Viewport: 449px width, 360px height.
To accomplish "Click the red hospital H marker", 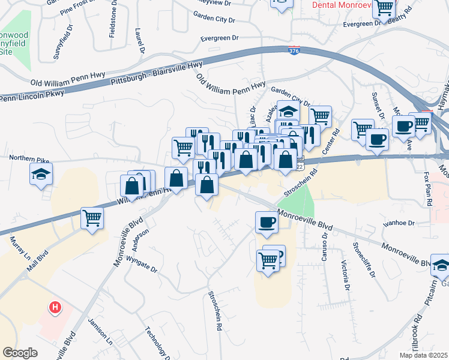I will point(55,308).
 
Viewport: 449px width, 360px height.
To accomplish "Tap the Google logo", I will point(20,353).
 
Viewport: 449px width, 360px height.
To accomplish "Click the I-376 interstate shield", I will point(294,52).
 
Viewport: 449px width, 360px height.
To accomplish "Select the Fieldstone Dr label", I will point(112,23).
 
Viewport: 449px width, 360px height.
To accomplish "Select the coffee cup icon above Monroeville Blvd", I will point(267,221).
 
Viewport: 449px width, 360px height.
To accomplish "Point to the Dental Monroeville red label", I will point(340,4).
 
